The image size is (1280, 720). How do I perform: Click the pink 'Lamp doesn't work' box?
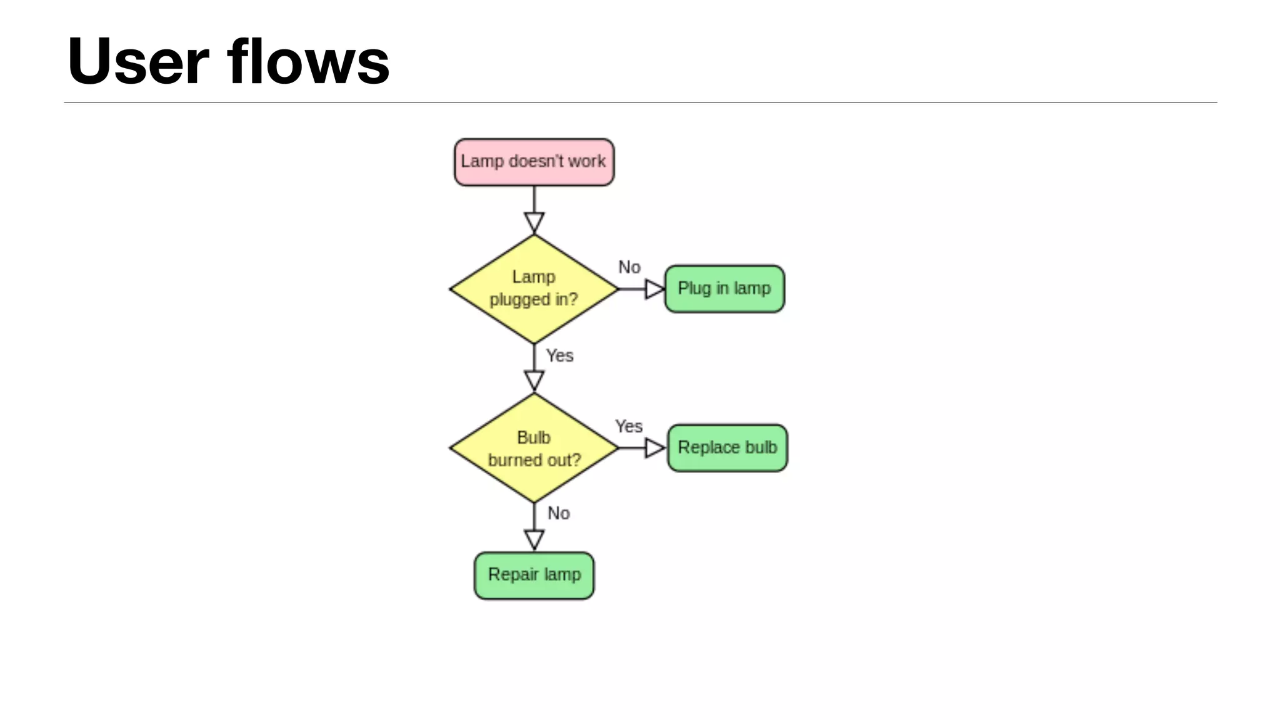point(534,162)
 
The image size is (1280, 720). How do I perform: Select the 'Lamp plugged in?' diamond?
point(534,289)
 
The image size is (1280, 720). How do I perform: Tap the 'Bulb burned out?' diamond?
point(534,448)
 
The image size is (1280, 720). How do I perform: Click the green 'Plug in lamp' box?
point(724,289)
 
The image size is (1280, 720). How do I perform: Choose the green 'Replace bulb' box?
point(727,448)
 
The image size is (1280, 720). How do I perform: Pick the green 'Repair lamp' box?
point(534,575)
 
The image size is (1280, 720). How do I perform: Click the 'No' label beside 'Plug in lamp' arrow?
point(629,267)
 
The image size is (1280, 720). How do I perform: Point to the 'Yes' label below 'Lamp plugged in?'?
point(559,356)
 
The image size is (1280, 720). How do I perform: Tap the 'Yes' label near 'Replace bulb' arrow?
point(628,426)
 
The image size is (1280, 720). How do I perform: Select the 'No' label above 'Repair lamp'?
point(558,513)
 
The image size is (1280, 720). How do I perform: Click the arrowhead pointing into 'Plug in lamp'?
point(654,289)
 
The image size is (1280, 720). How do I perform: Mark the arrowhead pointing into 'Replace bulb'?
point(654,448)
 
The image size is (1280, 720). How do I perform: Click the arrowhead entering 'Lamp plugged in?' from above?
point(534,222)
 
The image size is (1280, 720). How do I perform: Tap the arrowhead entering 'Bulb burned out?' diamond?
point(534,380)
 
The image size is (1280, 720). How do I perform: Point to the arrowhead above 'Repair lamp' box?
point(534,539)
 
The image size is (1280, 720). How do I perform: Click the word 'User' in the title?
point(138,61)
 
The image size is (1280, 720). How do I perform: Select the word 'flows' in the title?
point(308,61)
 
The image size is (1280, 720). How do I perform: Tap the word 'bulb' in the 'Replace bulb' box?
point(761,447)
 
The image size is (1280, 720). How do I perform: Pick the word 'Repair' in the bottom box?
point(512,574)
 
